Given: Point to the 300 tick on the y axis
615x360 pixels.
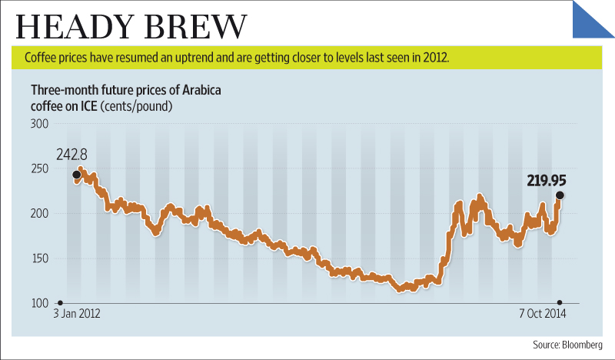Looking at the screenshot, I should click(x=40, y=123).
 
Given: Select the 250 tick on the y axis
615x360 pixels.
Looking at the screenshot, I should click(x=40, y=168).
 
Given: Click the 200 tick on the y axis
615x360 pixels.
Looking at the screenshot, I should click(x=40, y=213).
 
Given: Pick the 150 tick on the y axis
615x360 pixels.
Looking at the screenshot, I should click(x=40, y=258).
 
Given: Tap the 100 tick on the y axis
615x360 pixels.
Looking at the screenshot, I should click(x=40, y=303).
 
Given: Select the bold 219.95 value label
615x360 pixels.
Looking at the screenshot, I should click(x=547, y=182).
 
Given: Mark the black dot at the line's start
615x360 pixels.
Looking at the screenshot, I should click(x=76, y=175).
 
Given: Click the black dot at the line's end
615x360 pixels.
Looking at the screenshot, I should click(x=560, y=195).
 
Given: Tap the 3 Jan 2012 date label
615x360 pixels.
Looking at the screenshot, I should click(x=78, y=315).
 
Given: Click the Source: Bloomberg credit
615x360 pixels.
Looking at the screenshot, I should click(x=570, y=344).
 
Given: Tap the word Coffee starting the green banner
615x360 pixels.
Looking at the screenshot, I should click(x=41, y=58).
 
